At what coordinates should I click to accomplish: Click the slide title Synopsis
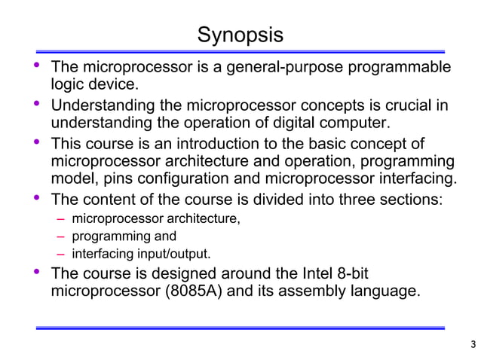coord(240,35)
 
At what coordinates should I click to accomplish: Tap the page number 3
coord(472,346)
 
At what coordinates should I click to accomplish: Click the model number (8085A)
coord(192,291)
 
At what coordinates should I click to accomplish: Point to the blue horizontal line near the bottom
coord(240,328)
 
